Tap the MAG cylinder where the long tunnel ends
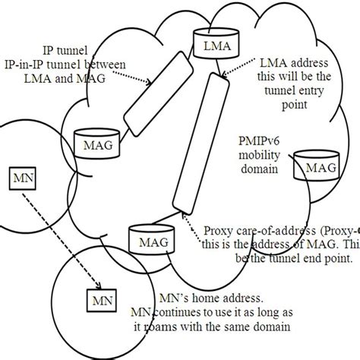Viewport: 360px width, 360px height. point(147,240)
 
